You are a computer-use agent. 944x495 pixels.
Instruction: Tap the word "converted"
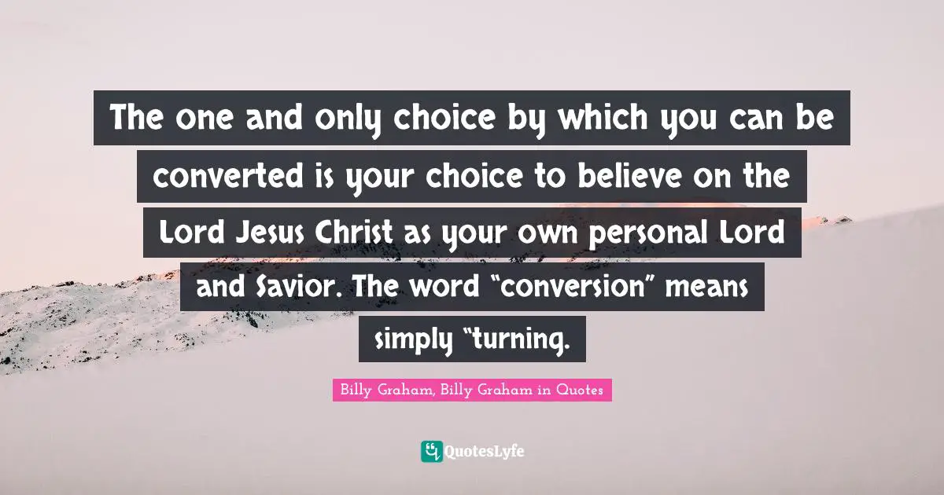click(228, 175)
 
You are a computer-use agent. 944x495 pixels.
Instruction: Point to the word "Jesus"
click(270, 232)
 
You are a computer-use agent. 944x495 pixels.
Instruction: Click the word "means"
click(706, 287)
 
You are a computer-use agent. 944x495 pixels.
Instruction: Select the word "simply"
click(414, 339)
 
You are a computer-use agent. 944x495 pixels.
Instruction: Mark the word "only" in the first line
click(348, 119)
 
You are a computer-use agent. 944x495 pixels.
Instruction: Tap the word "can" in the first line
click(758, 119)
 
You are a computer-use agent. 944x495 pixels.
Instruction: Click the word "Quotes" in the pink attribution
click(580, 390)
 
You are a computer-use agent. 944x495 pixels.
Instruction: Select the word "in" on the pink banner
click(544, 390)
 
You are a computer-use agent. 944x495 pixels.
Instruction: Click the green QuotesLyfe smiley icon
click(432, 452)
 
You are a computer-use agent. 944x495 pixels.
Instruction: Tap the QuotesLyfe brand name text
click(485, 452)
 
